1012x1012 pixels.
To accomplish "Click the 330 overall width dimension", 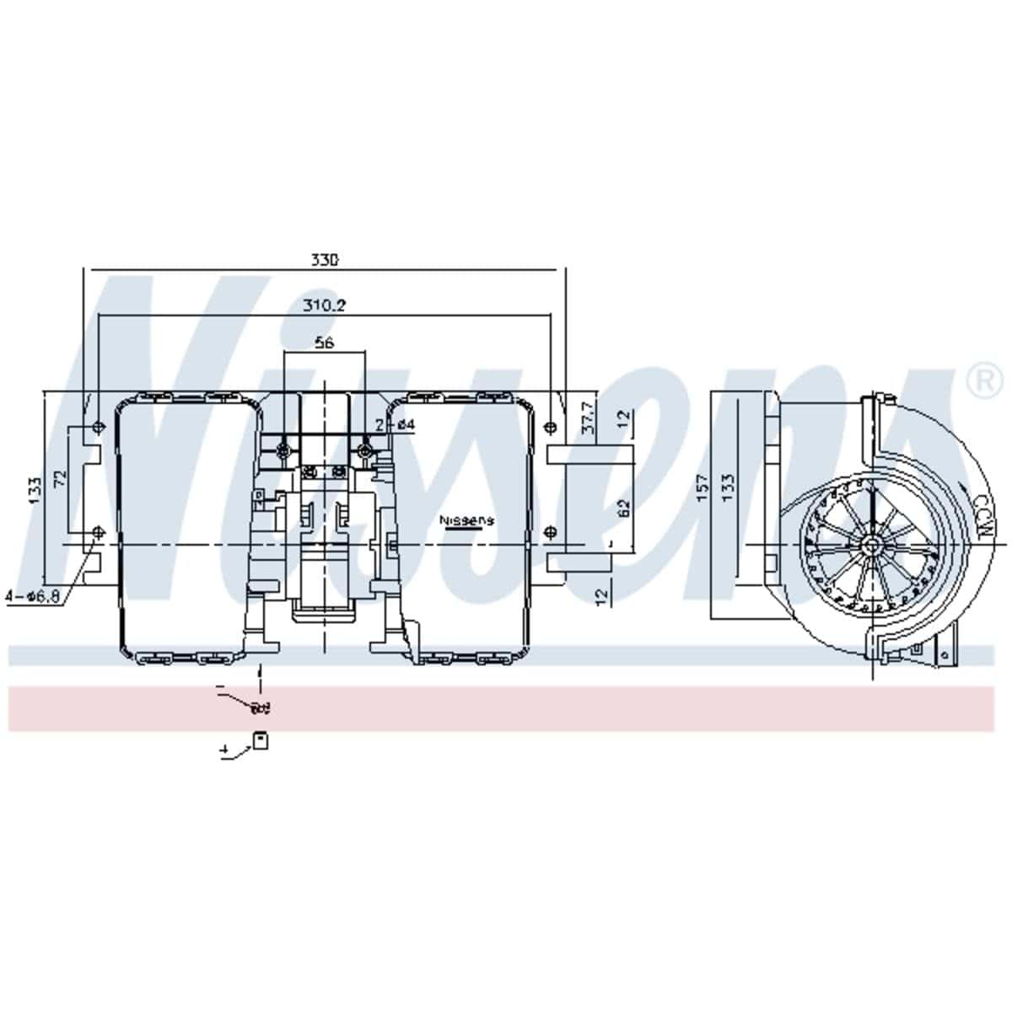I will click(x=324, y=261).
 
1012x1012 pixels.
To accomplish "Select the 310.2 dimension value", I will click(x=324, y=304).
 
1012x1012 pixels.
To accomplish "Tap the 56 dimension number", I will click(x=324, y=342).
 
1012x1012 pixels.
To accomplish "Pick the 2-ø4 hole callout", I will click(x=396, y=424).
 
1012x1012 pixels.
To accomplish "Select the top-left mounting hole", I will click(x=99, y=425).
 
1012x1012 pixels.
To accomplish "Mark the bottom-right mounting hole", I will click(x=550, y=531).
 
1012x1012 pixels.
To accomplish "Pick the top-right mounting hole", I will click(x=550, y=425).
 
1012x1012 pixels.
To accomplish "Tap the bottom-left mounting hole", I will click(x=99, y=531).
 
